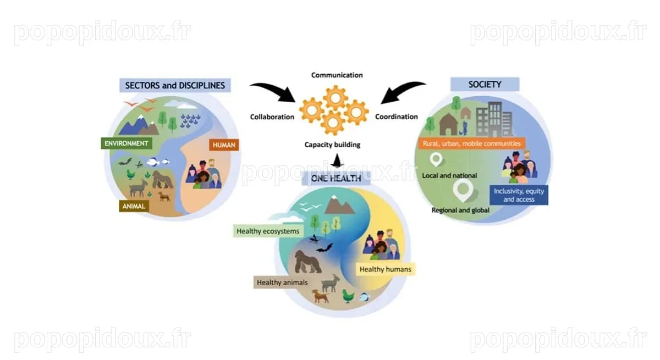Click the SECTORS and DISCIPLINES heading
175,85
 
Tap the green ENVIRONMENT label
127,143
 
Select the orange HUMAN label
224,145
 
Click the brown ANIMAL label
134,206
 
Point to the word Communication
337,75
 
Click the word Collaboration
272,117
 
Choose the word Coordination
397,117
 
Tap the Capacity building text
332,145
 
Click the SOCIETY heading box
485,85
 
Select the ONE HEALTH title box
336,179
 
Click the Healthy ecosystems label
268,231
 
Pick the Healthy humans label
386,269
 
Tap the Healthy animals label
282,283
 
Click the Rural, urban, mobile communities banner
472,143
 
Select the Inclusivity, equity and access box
519,195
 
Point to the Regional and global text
460,210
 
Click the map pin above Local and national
436,159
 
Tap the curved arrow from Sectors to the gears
274,90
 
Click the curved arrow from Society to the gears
401,90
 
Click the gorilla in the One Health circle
307,262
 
